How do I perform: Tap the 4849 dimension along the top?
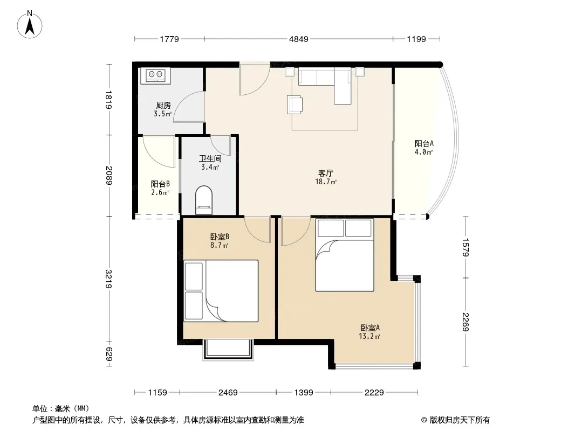click(x=298, y=39)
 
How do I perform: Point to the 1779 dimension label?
click(x=169, y=39)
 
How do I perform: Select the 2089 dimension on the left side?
click(x=109, y=176)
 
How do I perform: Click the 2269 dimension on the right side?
click(x=466, y=322)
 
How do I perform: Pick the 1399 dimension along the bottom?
click(x=304, y=393)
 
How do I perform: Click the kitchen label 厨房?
click(x=163, y=106)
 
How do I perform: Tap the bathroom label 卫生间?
click(x=210, y=158)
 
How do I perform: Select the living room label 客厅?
click(x=326, y=173)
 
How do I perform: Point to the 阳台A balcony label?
click(x=424, y=143)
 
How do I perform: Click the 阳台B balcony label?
click(x=160, y=184)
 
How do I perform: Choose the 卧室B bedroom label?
click(x=220, y=237)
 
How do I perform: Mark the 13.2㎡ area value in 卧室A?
click(x=369, y=337)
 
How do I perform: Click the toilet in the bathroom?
click(x=204, y=200)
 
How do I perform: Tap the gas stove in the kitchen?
click(x=156, y=75)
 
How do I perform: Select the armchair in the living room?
click(x=295, y=105)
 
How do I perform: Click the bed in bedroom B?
click(x=221, y=291)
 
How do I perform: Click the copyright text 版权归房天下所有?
click(x=460, y=420)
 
